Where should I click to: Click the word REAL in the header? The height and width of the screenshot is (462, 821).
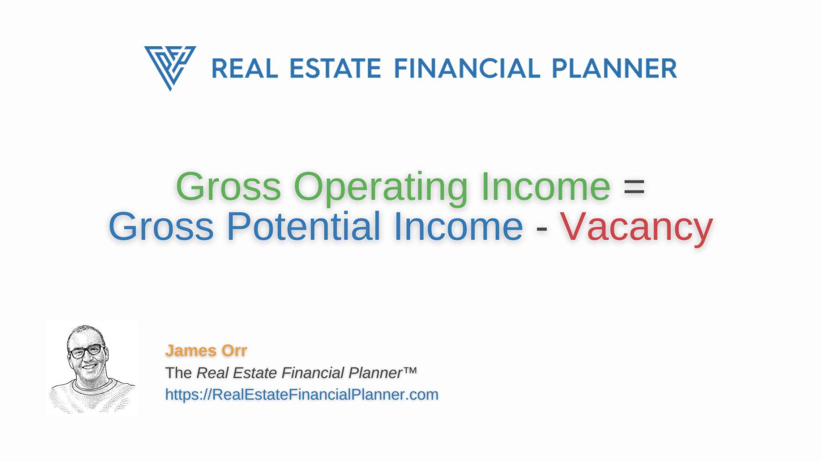coord(245,69)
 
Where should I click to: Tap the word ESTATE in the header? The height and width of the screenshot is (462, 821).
coord(335,69)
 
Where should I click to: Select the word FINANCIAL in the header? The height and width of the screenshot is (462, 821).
coord(467,69)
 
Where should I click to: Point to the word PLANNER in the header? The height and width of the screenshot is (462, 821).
coord(615,69)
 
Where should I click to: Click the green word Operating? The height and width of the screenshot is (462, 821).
coord(380,188)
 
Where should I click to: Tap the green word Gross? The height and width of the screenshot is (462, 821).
coord(229,187)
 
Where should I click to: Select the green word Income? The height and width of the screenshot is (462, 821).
coord(546,187)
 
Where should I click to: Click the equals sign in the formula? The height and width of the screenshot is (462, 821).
coord(634,188)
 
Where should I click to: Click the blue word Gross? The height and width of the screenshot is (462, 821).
coord(161,227)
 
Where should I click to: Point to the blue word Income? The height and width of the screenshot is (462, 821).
coord(458,227)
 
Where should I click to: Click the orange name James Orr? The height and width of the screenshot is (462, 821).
coord(206,351)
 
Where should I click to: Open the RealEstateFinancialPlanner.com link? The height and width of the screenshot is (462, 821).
coord(302,395)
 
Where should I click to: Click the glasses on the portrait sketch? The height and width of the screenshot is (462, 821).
coord(87,351)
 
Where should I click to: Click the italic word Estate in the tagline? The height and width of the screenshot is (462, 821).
coord(255,373)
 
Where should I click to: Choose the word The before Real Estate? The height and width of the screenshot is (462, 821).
coord(178,373)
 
